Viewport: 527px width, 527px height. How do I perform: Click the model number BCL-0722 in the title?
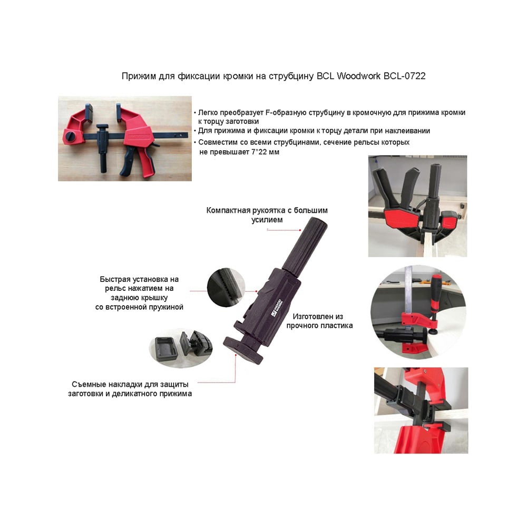(404, 76)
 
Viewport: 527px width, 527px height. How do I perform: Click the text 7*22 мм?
(265, 152)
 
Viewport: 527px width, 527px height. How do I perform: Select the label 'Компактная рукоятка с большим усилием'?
(267, 215)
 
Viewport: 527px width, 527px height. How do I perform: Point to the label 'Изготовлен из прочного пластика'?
(319, 321)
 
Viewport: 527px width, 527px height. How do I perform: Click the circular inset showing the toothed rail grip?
(225, 287)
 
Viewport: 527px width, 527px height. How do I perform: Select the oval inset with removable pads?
(181, 348)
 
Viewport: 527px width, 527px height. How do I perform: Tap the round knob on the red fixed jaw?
(72, 136)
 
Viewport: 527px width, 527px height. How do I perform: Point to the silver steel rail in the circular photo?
(408, 296)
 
